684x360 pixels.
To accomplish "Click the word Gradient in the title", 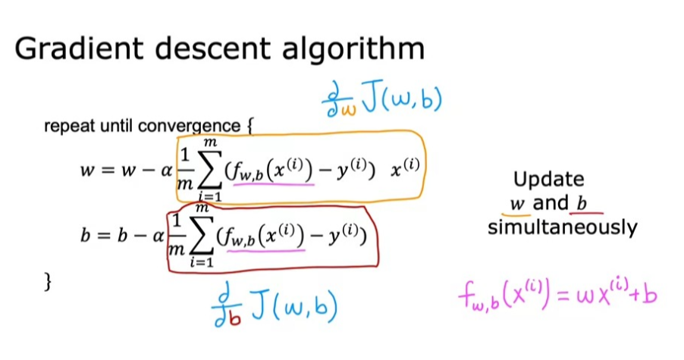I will point(72,49).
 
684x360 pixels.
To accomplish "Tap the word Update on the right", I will point(549,180).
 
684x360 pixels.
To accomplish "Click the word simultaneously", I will point(562,227).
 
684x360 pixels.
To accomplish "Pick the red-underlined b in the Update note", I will point(582,203).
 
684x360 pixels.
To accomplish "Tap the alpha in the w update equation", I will point(158,171).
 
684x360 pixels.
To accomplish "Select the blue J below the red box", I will point(256,308).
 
